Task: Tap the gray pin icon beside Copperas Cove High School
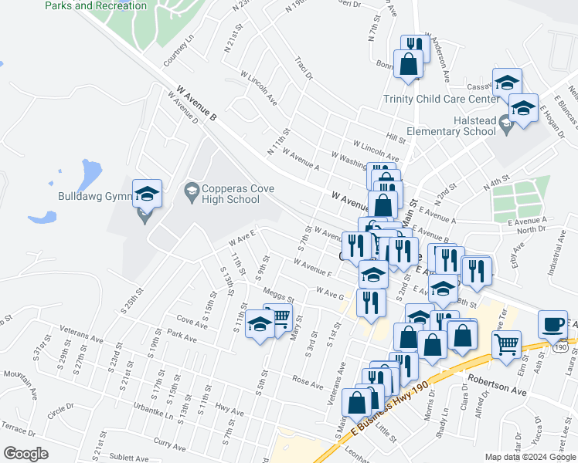point(191,189)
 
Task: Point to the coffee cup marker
point(552,325)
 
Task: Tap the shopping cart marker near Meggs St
point(278,317)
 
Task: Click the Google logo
point(25,454)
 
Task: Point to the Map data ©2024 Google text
point(530,457)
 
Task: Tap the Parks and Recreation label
point(96,5)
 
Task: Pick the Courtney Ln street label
point(177,50)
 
